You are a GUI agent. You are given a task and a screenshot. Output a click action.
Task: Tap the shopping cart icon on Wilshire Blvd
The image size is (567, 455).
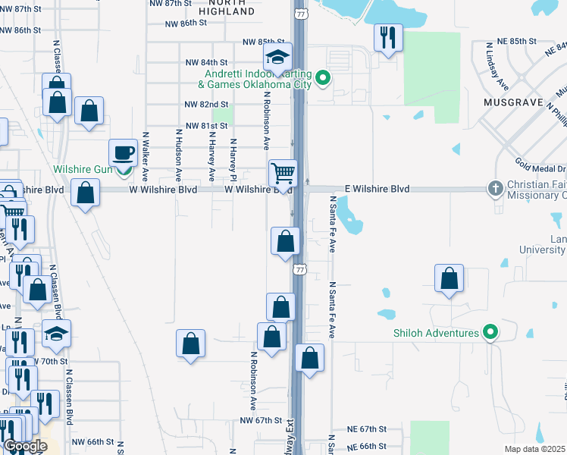click(x=282, y=173)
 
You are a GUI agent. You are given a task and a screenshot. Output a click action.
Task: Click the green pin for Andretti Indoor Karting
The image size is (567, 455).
click(x=322, y=77)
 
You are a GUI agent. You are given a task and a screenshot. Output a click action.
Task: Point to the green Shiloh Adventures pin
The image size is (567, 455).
click(x=490, y=332)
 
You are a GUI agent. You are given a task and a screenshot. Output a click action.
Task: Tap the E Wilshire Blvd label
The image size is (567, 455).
click(x=377, y=189)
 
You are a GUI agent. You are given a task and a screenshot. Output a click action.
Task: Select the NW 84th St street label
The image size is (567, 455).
click(x=207, y=62)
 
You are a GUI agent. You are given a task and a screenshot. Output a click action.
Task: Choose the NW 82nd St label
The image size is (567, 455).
click(x=206, y=104)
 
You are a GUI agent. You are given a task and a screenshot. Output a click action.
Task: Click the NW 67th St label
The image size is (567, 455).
click(x=261, y=420)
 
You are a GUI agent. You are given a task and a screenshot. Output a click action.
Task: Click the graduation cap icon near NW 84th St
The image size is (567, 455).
click(x=278, y=57)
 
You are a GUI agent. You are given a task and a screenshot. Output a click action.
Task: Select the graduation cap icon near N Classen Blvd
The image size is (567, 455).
click(x=56, y=334)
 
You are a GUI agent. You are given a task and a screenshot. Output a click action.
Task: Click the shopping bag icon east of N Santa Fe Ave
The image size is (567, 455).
click(x=450, y=278)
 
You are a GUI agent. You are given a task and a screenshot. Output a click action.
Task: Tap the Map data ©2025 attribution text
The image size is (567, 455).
click(x=535, y=449)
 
